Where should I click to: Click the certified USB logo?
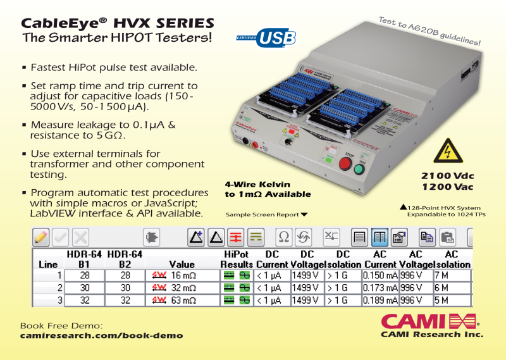(266, 38)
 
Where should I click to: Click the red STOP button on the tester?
(345, 164)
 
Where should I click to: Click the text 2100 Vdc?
(448, 175)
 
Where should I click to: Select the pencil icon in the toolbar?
(41, 237)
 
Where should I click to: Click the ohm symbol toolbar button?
(284, 237)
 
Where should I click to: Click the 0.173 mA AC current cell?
(380, 287)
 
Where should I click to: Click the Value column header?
(182, 264)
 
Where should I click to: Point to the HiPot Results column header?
(237, 259)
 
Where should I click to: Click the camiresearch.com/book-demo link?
(102, 335)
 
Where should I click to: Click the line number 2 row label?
(59, 287)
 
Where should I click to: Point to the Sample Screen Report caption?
(262, 214)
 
